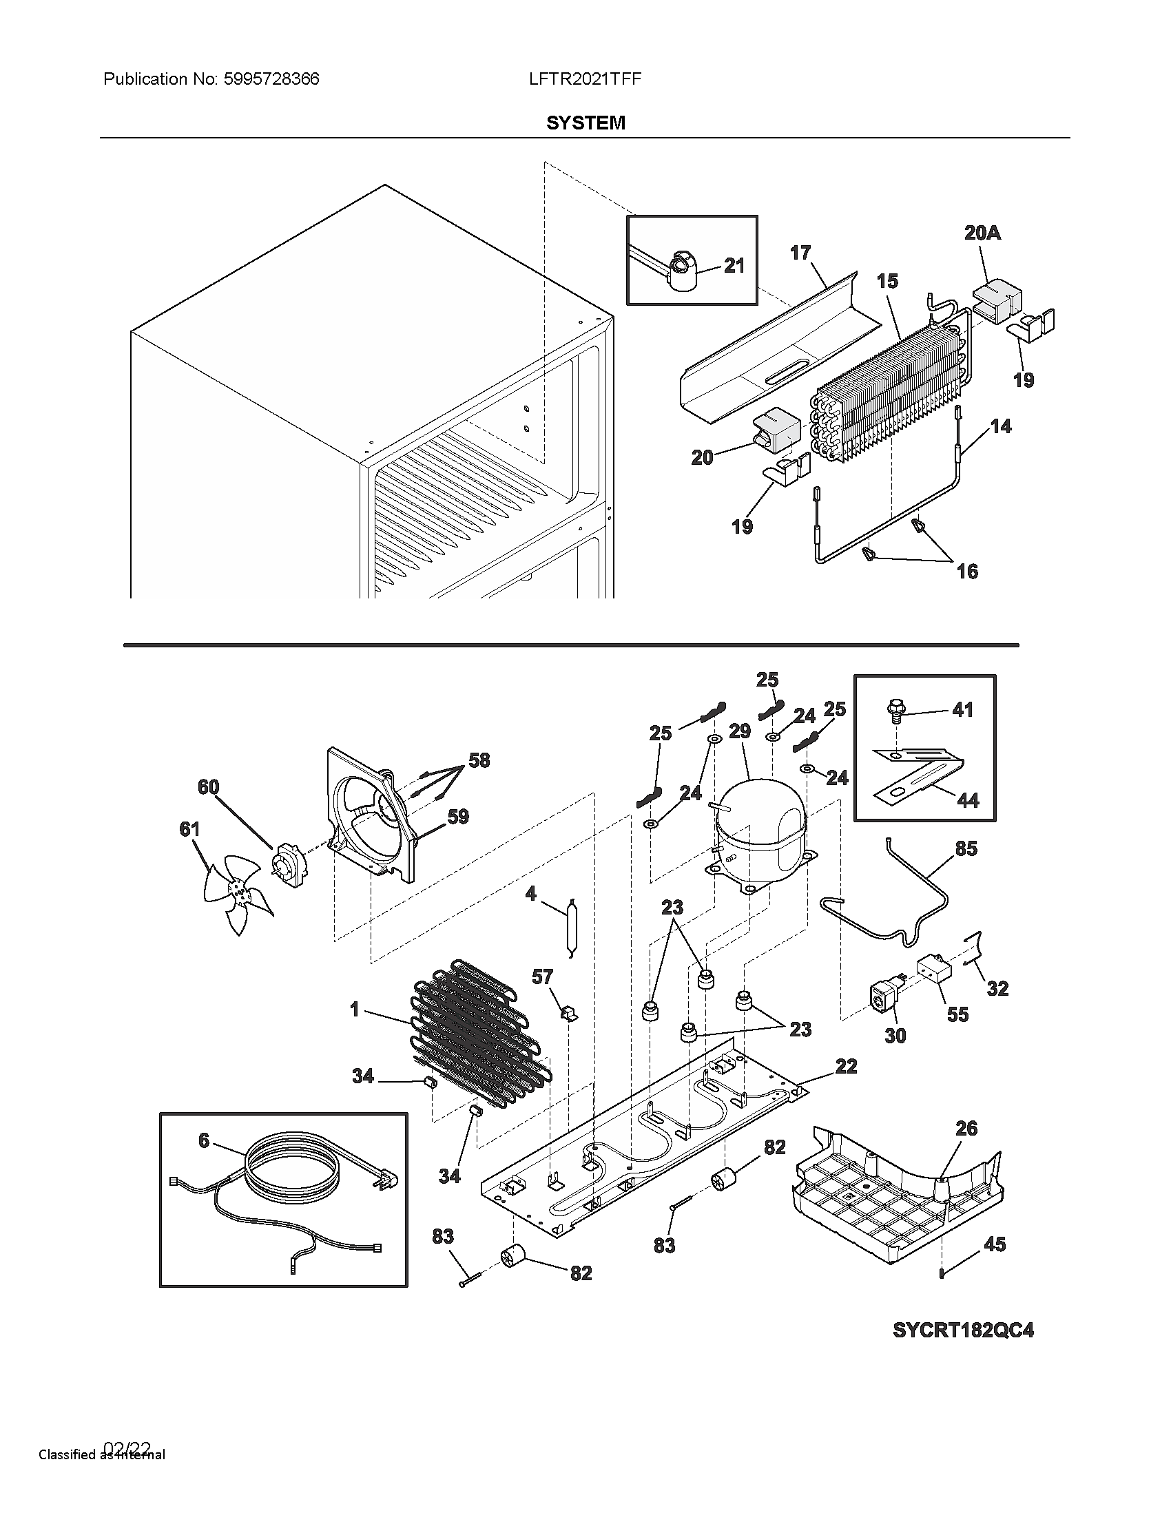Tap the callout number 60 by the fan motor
(x=208, y=786)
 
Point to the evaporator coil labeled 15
(x=888, y=388)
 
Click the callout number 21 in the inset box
(x=734, y=265)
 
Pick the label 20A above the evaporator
(x=982, y=233)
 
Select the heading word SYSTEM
(x=585, y=123)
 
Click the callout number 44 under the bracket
(x=967, y=800)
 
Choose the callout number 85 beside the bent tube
(x=966, y=848)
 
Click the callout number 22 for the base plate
(x=846, y=1066)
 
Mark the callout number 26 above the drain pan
(x=966, y=1129)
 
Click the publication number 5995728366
(x=271, y=79)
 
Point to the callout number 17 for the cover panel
(x=800, y=253)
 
